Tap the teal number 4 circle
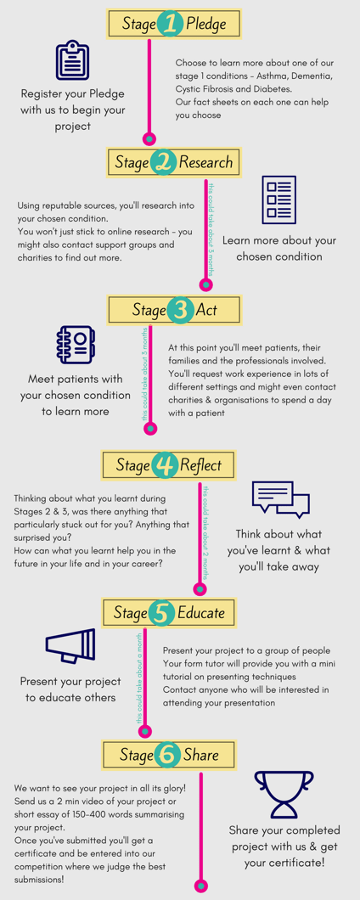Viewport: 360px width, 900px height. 165,465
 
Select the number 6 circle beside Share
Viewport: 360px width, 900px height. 167,754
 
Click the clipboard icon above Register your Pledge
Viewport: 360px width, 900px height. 72,60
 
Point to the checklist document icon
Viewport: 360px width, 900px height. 278,200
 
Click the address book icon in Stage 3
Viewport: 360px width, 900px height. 76,346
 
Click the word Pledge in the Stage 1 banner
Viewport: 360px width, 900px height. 206,24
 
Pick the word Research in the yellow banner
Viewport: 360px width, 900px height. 205,162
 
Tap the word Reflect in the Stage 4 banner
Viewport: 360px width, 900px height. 200,465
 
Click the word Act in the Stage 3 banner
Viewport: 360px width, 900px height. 206,311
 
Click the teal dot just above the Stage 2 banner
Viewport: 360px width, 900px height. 149,138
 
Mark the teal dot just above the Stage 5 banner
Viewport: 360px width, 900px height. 200,589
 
